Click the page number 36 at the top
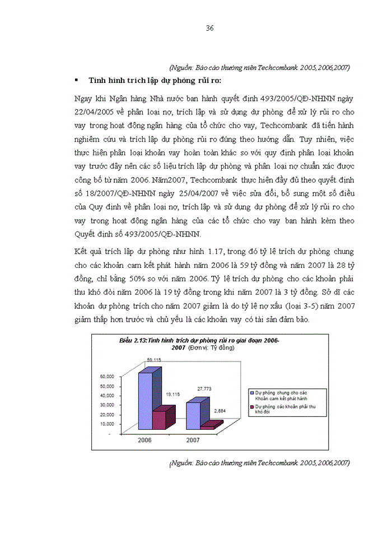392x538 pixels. point(209,28)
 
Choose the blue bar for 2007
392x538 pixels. point(193,415)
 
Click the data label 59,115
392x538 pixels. point(154,359)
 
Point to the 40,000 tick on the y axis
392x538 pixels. point(107,396)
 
